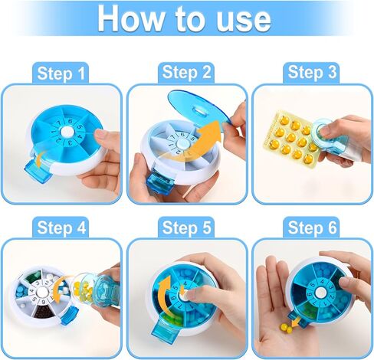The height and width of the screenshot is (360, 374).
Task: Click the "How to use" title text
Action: click(185, 18)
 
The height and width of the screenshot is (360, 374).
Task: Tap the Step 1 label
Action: click(61, 73)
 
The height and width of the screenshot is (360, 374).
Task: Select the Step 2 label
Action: click(186, 73)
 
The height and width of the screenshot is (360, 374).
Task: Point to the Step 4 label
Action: click(61, 227)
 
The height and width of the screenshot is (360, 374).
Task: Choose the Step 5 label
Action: click(186, 227)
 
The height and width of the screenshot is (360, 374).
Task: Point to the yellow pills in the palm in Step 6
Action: click(285, 330)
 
